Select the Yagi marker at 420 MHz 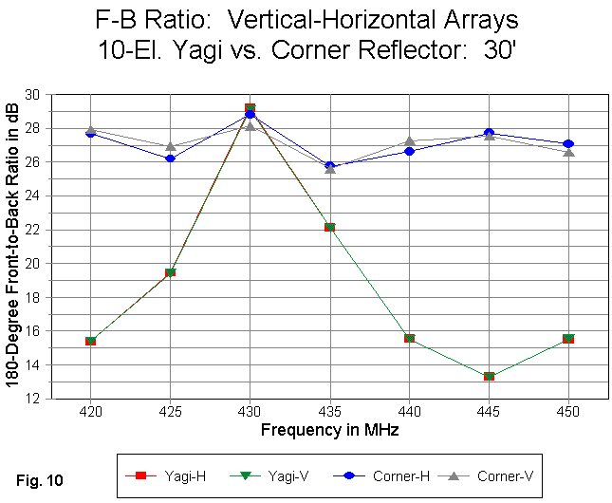pyautogui.click(x=90, y=341)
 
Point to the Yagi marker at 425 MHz pyautogui.click(x=170, y=272)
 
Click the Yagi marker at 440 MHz pyautogui.click(x=409, y=338)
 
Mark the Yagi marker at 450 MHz pyautogui.click(x=568, y=338)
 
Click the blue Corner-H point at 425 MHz pyautogui.click(x=170, y=158)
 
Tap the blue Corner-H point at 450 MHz pyautogui.click(x=568, y=144)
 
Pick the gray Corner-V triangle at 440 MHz pyautogui.click(x=409, y=141)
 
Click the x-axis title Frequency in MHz pyautogui.click(x=329, y=430)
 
